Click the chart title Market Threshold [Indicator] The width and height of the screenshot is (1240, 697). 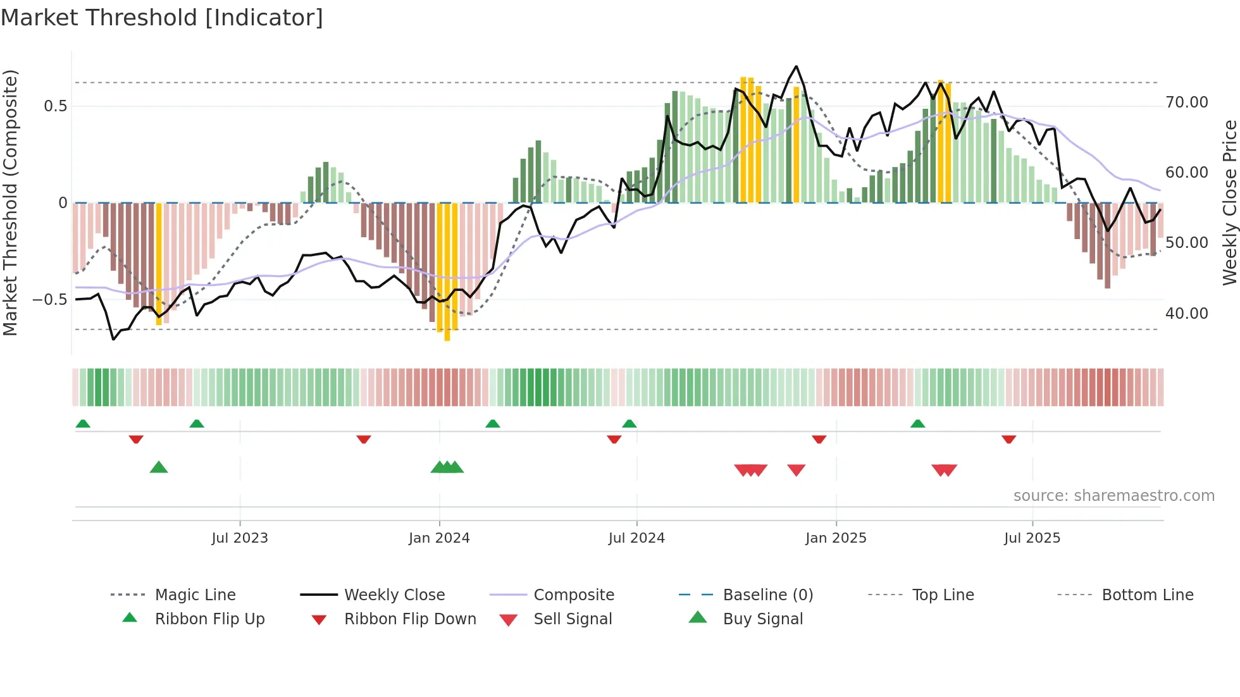coord(162,18)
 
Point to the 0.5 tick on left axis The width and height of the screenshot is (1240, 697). coord(55,106)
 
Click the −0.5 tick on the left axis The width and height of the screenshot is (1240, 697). coord(49,300)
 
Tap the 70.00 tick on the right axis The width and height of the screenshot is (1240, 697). coord(1186,102)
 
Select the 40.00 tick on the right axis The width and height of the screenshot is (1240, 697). coord(1186,314)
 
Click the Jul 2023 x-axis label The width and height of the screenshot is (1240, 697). coord(239,538)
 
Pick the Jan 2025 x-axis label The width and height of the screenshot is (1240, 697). coord(835,538)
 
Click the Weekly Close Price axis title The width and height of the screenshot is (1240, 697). coord(1229,202)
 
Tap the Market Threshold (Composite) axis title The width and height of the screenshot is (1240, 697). coord(10,202)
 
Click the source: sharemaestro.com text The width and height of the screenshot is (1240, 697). coord(1113,496)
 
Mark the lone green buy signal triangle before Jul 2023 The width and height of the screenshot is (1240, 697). coord(159,467)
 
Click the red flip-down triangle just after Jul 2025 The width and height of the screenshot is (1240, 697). coord(1008,439)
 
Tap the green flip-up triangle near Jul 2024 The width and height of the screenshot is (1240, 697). coord(629,424)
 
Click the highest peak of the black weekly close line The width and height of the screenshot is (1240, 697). coord(796,66)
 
